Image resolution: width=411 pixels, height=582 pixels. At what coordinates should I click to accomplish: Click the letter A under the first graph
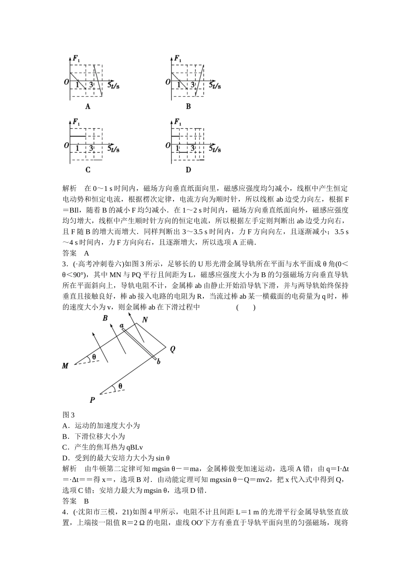[x=88, y=107]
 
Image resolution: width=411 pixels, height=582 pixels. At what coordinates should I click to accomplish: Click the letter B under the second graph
[x=188, y=107]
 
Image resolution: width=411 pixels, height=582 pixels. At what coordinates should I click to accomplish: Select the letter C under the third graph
[x=88, y=170]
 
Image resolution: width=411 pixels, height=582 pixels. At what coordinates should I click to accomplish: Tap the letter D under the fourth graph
[x=188, y=170]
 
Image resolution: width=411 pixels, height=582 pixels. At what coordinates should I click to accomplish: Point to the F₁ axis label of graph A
[x=76, y=58]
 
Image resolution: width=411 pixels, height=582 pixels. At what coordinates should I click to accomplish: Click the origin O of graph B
[x=168, y=81]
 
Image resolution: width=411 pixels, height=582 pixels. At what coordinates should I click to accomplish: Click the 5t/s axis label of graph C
[x=113, y=149]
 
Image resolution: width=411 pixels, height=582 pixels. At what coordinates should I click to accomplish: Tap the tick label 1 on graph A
[x=77, y=85]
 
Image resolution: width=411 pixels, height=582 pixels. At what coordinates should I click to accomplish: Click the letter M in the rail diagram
[x=65, y=366]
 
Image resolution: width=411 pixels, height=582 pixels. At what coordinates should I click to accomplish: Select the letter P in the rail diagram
[x=92, y=400]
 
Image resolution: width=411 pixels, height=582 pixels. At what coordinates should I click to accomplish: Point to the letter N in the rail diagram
[x=145, y=320]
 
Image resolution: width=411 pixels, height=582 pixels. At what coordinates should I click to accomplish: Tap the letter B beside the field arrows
[x=105, y=318]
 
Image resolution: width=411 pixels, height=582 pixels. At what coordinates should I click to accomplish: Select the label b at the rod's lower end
[x=158, y=361]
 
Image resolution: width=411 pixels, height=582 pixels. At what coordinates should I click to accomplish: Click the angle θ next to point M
[x=94, y=358]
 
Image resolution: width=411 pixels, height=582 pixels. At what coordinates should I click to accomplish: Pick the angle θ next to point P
[x=120, y=386]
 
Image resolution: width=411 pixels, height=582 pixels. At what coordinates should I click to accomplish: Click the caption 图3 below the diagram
[x=69, y=415]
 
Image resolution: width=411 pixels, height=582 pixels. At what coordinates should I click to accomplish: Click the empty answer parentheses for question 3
[x=246, y=307]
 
